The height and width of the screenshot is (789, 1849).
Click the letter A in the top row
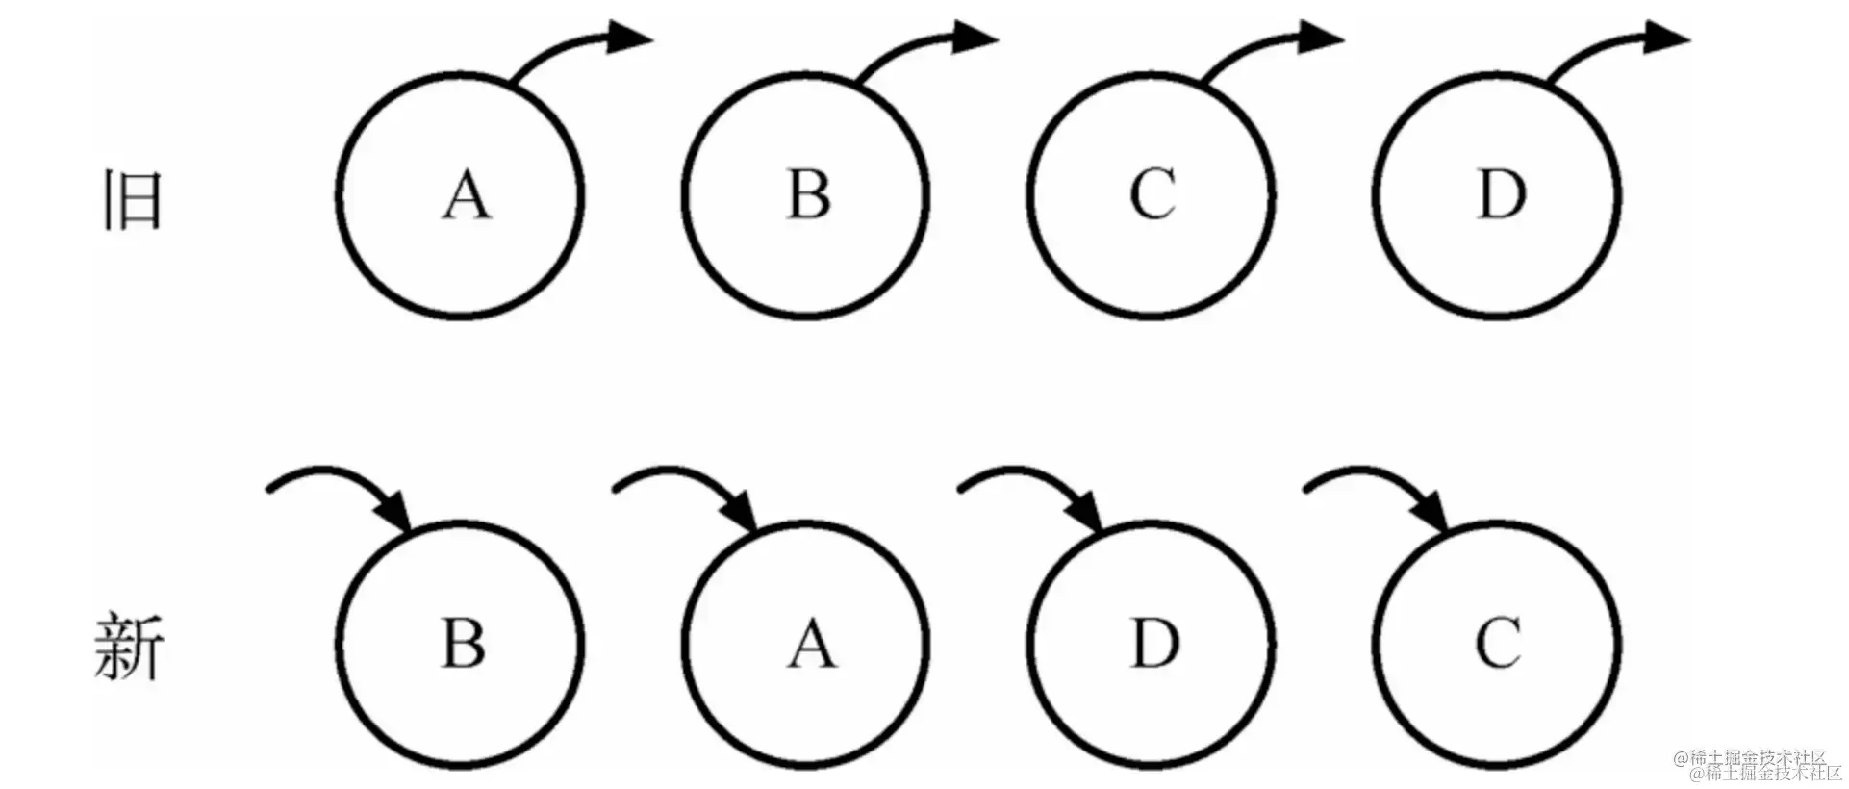point(466,195)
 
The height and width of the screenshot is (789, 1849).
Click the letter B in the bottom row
point(463,642)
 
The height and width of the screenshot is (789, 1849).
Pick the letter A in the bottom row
point(811,643)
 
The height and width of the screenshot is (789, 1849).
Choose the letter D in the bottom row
point(1154,642)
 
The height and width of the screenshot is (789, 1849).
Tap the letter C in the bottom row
point(1498,643)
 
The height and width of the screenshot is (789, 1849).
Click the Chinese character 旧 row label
point(132,200)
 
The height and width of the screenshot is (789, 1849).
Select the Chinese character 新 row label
point(130,647)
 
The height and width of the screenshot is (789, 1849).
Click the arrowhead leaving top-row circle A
point(630,38)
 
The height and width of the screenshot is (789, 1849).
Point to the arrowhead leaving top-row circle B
point(975,38)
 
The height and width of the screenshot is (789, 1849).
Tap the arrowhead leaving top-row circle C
point(1320,38)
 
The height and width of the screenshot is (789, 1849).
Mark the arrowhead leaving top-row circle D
point(1666,38)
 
